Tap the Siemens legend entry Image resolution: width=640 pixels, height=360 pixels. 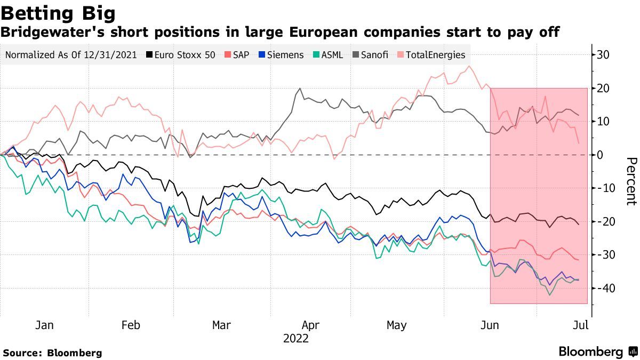click(284, 55)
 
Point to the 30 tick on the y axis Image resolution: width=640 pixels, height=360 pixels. click(603, 55)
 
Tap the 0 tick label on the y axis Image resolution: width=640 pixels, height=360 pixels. click(599, 155)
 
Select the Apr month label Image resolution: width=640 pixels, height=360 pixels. click(310, 325)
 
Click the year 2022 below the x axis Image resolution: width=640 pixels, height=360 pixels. click(296, 338)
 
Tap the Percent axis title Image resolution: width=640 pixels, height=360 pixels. click(631, 181)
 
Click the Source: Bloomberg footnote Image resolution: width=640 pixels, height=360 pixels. click(52, 353)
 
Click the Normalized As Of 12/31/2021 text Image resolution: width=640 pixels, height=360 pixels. click(71, 55)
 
